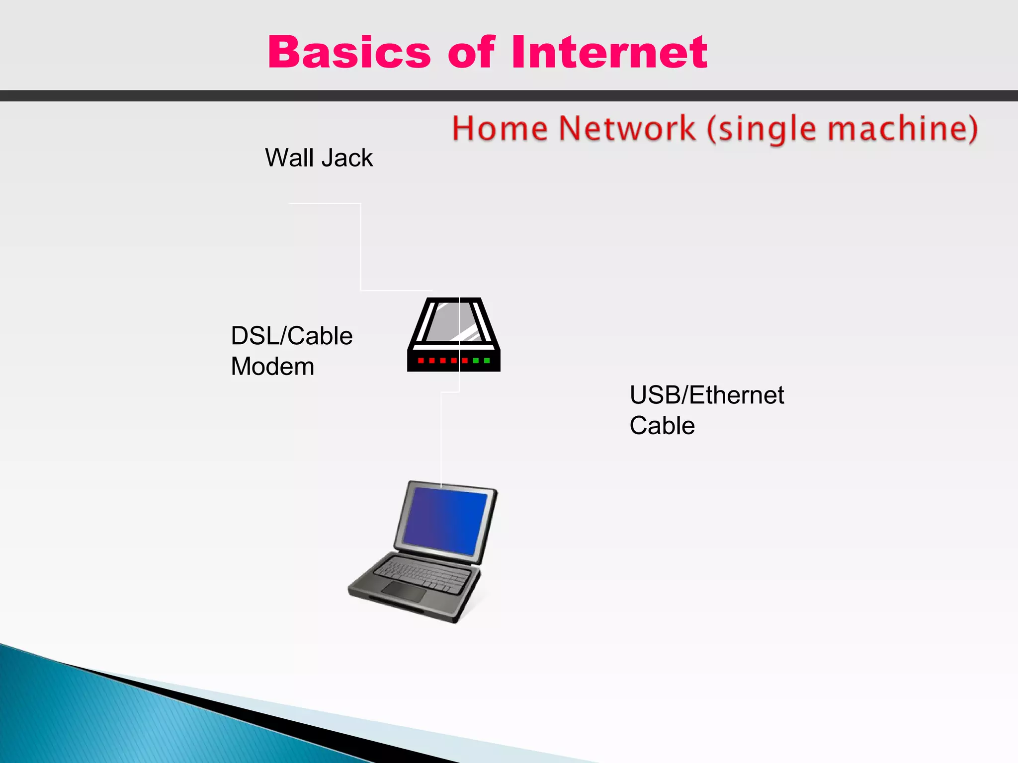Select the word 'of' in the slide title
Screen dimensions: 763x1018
[471, 52]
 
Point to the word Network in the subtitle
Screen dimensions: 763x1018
[626, 129]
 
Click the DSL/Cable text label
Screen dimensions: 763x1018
[292, 336]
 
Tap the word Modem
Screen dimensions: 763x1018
[272, 367]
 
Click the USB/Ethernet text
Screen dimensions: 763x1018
[706, 395]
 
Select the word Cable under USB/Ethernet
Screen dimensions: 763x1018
[662, 426]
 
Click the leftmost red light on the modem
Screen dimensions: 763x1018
[421, 361]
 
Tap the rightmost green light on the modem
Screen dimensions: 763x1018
[487, 361]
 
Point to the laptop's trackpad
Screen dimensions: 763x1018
[404, 591]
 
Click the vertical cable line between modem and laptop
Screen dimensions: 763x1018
[441, 437]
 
